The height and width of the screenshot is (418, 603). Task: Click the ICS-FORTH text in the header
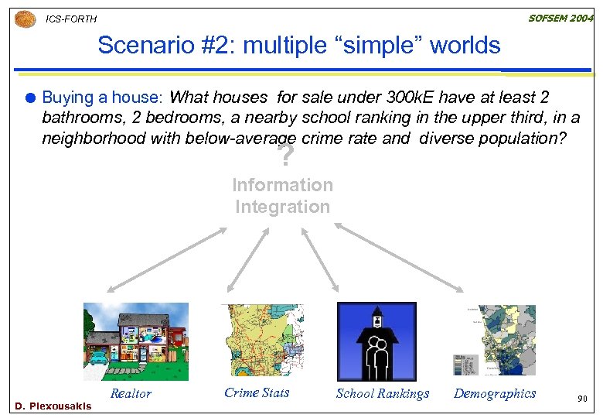click(x=72, y=19)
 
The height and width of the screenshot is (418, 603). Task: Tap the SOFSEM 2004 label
click(x=560, y=17)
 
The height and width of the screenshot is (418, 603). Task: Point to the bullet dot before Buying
click(x=29, y=98)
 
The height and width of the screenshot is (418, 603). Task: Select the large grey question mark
click(x=286, y=157)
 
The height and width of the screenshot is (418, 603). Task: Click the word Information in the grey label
click(x=283, y=185)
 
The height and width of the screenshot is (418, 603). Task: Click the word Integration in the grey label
click(x=283, y=207)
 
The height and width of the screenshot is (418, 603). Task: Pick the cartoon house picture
click(x=135, y=341)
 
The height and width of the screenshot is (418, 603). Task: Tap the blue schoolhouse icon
click(x=376, y=341)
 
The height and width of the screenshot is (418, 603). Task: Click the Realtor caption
click(x=131, y=393)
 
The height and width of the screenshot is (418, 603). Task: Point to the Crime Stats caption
click(x=257, y=392)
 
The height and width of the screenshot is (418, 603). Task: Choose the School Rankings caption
click(x=383, y=393)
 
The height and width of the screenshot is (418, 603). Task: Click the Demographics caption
click(x=495, y=393)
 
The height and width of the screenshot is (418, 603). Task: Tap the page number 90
click(x=582, y=399)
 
